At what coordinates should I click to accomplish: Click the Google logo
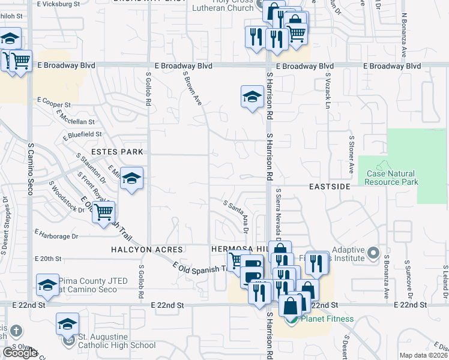20,353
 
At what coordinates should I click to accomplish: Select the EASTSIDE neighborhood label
330,187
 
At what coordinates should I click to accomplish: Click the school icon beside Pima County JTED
47,286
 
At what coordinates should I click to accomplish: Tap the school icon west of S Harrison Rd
252,96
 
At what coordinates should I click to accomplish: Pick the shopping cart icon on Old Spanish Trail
104,211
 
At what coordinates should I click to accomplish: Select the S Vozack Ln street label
328,91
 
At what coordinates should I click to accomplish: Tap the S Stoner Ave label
351,151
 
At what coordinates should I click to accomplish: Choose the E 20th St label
49,259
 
